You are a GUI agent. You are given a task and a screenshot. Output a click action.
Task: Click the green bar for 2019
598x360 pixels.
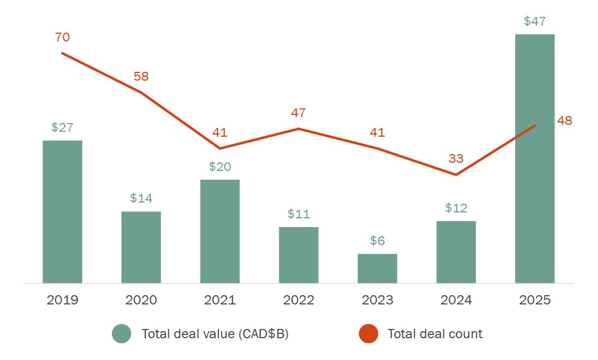63,212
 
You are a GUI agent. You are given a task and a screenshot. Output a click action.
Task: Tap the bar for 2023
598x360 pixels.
377,269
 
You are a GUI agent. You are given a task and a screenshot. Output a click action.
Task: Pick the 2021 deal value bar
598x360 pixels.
220,231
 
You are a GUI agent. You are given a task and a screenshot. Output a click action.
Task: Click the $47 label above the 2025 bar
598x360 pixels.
535,21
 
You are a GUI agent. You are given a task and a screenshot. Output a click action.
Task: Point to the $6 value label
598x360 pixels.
377,241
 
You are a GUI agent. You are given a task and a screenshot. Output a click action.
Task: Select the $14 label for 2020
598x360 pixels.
141,198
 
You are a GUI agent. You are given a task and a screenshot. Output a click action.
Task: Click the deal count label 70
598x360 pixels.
63,37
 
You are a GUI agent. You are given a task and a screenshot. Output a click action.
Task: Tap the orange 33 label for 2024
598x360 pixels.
456,158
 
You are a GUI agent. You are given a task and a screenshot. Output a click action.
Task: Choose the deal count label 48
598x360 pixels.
565,121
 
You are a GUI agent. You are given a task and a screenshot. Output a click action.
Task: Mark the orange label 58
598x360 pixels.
141,76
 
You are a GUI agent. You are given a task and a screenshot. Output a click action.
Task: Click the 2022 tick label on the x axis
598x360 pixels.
298,300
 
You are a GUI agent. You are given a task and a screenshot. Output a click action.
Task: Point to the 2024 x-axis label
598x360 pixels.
456,300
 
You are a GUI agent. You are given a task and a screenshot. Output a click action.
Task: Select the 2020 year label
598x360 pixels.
141,300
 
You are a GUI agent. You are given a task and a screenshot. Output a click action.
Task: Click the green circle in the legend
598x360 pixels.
121,334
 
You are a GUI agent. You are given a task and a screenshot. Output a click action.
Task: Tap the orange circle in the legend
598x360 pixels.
369,334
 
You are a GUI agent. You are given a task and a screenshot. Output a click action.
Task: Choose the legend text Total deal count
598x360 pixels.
435,334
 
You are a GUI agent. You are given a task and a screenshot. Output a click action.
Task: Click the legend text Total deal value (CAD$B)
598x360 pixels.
215,334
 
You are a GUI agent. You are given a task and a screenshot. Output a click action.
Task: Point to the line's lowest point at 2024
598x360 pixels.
456,175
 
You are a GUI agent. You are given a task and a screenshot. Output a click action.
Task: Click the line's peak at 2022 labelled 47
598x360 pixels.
298,129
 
